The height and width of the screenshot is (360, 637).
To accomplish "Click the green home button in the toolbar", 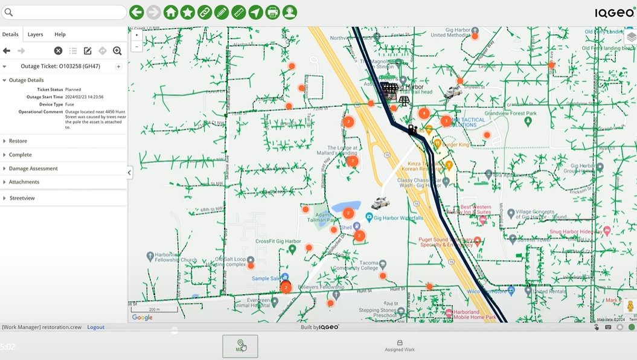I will tap(171, 12).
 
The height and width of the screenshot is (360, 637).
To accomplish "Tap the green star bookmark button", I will tap(188, 12).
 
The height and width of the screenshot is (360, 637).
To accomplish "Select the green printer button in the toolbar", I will tap(272, 12).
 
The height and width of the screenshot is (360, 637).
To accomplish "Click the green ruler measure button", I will tap(238, 12).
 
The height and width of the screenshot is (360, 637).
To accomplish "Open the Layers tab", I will tap(36, 34).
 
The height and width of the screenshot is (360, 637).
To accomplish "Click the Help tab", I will tap(60, 34).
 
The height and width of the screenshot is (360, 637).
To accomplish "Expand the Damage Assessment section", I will tap(33, 169).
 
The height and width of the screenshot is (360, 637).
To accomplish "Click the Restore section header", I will tap(18, 141).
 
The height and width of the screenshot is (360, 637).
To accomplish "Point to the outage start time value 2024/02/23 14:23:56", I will tap(85, 97).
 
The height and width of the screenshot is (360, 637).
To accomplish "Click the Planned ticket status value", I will tap(73, 89).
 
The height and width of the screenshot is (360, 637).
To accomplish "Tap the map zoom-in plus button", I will tap(136, 36).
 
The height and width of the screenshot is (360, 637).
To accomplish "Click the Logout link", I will tap(95, 327).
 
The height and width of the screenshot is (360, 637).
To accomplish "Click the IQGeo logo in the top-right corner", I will tap(614, 12).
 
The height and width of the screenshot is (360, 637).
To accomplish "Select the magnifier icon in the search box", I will tap(8, 12).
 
